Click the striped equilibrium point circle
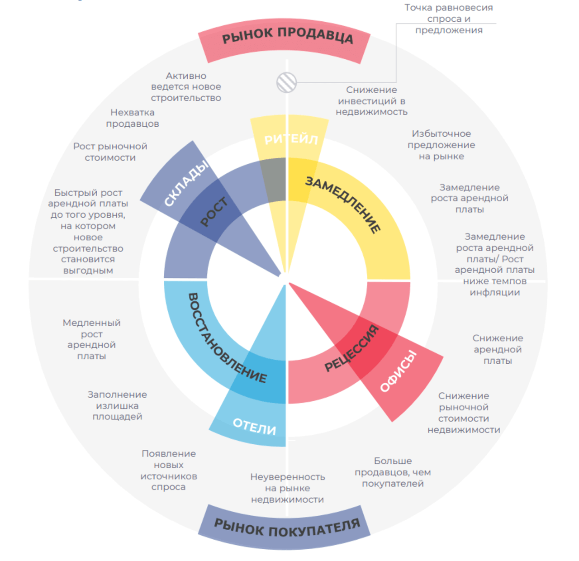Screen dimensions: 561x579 pyautogui.click(x=287, y=82)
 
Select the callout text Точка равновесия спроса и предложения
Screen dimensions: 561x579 pyautogui.click(x=449, y=19)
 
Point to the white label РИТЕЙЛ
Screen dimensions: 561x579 pyautogui.click(x=291, y=139)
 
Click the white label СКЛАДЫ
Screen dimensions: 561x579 pyautogui.click(x=186, y=183)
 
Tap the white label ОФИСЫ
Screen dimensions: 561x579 pyautogui.click(x=398, y=371)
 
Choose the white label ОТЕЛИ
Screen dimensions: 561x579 pyautogui.click(x=254, y=426)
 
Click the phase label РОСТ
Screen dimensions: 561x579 pyautogui.click(x=214, y=212)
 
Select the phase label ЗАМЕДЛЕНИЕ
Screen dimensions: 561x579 pyautogui.click(x=343, y=204)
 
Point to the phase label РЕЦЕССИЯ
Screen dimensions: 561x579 pyautogui.click(x=351, y=348)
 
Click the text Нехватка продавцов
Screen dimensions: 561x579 pyautogui.click(x=133, y=118)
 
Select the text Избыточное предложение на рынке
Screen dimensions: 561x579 pyautogui.click(x=441, y=145)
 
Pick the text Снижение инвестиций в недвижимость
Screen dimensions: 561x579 pyautogui.click(x=371, y=101)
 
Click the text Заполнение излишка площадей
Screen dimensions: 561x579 pyautogui.click(x=117, y=405)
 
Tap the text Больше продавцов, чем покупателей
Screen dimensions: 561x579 pyautogui.click(x=393, y=472)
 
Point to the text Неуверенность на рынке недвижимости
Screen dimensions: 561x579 pyautogui.click(x=288, y=488)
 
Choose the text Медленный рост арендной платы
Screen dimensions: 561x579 pyautogui.click(x=91, y=339)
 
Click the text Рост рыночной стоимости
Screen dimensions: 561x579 pyautogui.click(x=110, y=152)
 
